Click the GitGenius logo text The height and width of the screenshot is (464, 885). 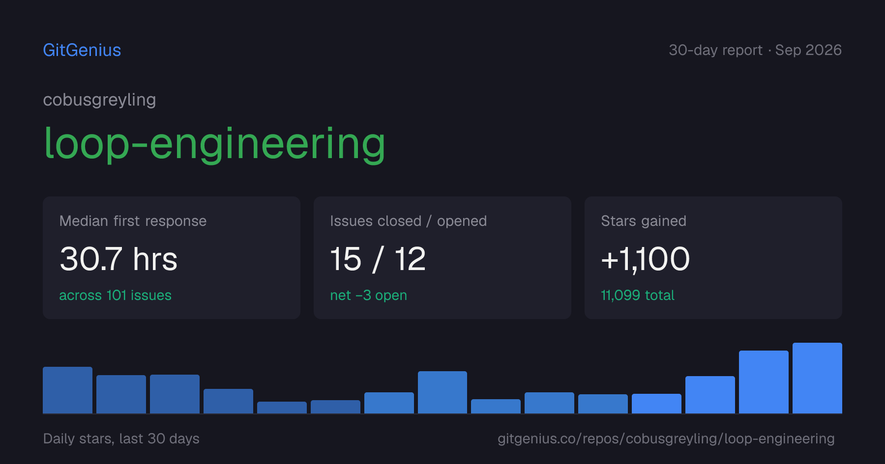82,50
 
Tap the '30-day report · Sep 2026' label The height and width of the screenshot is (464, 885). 755,50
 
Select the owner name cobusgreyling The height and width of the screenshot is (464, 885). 99,100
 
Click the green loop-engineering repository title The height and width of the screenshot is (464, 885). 214,144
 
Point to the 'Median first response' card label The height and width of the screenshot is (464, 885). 133,221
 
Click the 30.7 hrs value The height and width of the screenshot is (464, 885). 118,259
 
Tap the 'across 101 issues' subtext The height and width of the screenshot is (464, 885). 115,295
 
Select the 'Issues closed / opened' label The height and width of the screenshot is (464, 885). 408,221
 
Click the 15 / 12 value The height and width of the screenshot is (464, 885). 378,259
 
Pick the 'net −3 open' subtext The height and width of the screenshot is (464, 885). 368,296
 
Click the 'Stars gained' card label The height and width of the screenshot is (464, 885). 644,221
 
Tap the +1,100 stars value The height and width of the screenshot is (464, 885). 646,259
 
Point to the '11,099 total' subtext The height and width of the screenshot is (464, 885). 638,295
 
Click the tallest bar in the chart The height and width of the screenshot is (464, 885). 817,378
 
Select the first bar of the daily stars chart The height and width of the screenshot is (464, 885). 67,390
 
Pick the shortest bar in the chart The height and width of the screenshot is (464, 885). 282,408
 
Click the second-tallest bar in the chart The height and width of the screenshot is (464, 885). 764,382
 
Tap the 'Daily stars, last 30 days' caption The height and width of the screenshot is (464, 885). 121,438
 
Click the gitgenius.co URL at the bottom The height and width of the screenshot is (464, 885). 666,438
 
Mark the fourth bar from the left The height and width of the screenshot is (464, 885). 228,401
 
